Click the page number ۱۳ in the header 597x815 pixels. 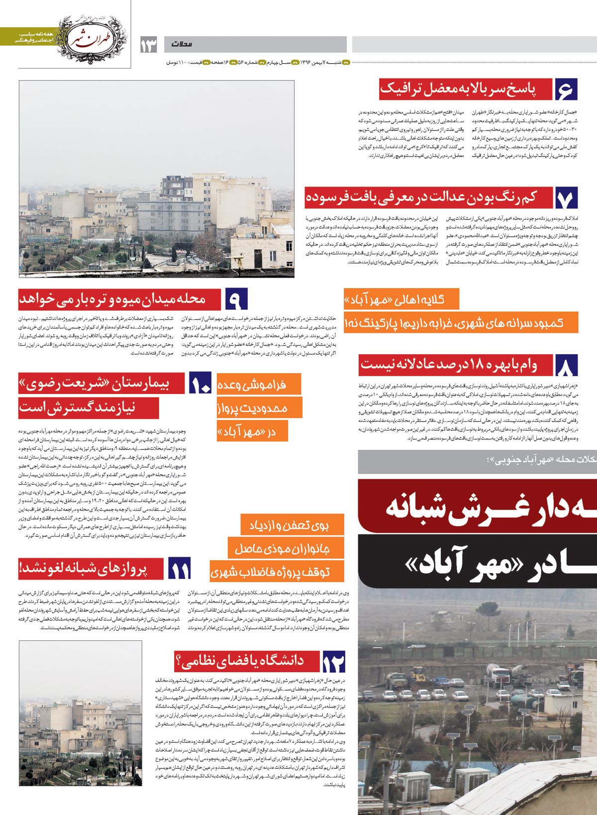(148, 45)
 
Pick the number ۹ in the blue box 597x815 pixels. (234, 301)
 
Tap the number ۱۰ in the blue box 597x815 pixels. (201, 385)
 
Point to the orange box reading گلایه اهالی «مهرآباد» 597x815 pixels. (401, 299)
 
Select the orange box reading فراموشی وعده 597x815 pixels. (259, 384)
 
